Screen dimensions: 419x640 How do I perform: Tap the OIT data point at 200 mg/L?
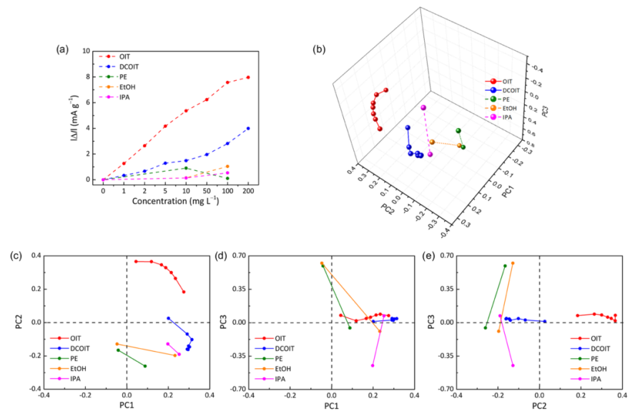click(x=248, y=77)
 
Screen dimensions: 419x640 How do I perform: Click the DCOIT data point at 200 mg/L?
click(x=248, y=129)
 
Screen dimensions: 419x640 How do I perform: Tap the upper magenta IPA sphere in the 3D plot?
click(x=423, y=108)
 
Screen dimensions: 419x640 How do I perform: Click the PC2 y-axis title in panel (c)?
click(x=15, y=322)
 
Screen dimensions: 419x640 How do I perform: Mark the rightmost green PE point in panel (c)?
click(x=145, y=366)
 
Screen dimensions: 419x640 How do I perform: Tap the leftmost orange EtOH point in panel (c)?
click(x=117, y=344)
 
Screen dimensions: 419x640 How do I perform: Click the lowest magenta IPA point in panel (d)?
click(x=373, y=365)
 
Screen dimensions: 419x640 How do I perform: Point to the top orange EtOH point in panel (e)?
click(x=513, y=263)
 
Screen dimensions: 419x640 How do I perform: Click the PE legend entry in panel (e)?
click(x=591, y=358)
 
